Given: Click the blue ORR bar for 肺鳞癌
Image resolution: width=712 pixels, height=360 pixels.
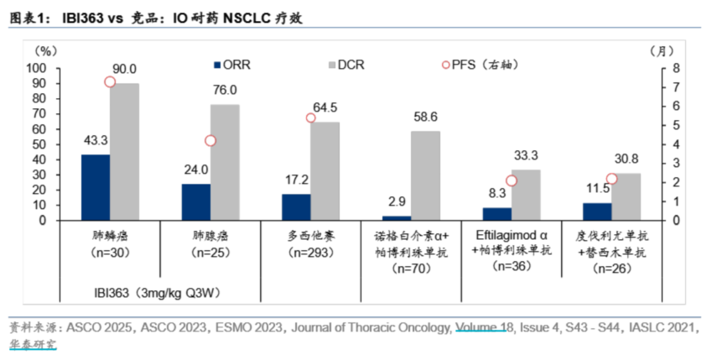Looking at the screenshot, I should (95, 187).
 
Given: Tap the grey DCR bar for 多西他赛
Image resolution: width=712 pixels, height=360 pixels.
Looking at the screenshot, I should (325, 171).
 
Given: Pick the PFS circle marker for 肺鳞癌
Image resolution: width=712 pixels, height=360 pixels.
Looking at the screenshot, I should (110, 81).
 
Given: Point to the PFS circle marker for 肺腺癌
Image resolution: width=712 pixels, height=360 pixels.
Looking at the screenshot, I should (210, 141).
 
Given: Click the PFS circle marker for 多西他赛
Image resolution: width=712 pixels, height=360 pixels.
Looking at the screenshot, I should (310, 118).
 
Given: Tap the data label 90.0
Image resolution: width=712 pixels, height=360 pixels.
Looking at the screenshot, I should (126, 69).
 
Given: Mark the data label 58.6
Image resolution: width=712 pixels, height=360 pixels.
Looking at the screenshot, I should (425, 117).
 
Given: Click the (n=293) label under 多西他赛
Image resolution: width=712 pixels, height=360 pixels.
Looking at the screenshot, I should (310, 252).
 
